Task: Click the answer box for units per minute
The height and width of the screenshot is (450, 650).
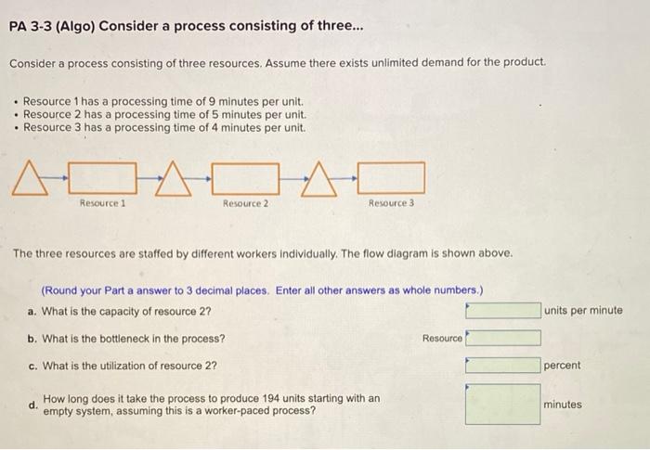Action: [x=502, y=311]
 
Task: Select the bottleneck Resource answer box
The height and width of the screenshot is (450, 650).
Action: [x=502, y=339]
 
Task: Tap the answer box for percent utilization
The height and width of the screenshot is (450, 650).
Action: [x=502, y=366]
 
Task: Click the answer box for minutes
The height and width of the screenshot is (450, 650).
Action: [x=502, y=405]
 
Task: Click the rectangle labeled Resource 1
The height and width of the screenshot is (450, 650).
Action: [x=104, y=176]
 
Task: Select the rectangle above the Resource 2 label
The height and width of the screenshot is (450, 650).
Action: [x=245, y=176]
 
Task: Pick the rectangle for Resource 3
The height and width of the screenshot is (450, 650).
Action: [x=391, y=176]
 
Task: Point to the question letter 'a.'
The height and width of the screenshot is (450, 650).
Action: [x=33, y=311]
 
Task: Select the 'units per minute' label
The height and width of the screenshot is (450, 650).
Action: [x=584, y=311]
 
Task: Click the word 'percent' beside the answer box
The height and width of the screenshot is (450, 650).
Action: [x=563, y=366]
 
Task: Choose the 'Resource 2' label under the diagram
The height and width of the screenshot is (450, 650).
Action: [x=245, y=203]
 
